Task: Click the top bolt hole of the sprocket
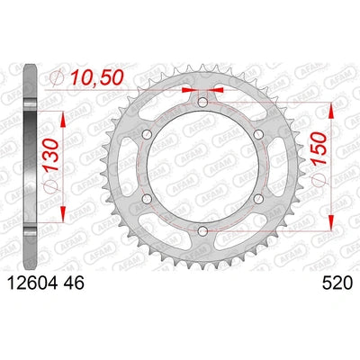point(202,103)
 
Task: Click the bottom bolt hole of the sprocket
point(202,231)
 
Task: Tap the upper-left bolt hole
point(148,135)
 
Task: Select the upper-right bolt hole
point(258,135)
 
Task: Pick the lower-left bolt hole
point(148,199)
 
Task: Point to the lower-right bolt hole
point(258,199)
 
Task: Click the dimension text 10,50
point(96,78)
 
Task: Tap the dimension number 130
point(52,156)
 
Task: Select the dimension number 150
point(319,148)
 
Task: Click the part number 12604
point(32,283)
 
